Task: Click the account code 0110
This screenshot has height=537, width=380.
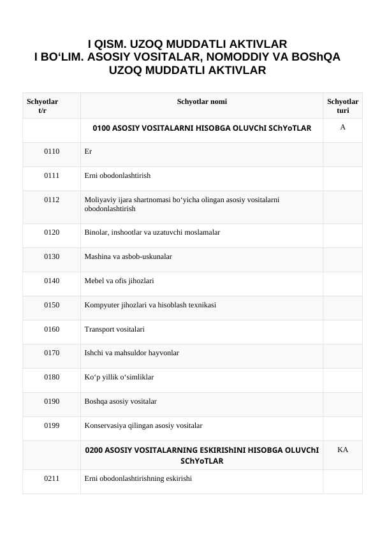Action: pyautogui.click(x=52, y=152)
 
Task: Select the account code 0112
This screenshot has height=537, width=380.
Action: pyautogui.click(x=52, y=200)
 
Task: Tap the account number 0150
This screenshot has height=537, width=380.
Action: pyautogui.click(x=52, y=305)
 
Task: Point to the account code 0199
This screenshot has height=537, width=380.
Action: pyautogui.click(x=52, y=425)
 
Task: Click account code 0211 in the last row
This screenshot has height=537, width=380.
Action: pyautogui.click(x=52, y=478)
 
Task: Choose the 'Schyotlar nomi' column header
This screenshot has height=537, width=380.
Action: pyautogui.click(x=201, y=101)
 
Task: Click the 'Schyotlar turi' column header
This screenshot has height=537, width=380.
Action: pyautogui.click(x=342, y=106)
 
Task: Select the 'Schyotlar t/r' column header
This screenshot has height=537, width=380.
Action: pyautogui.click(x=43, y=106)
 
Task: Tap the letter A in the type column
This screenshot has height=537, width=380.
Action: pyautogui.click(x=342, y=128)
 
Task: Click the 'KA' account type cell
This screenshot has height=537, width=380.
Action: pyautogui.click(x=342, y=450)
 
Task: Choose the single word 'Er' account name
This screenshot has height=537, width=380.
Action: pyautogui.click(x=88, y=152)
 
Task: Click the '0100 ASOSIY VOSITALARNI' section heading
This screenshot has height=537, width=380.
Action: pyautogui.click(x=201, y=128)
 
